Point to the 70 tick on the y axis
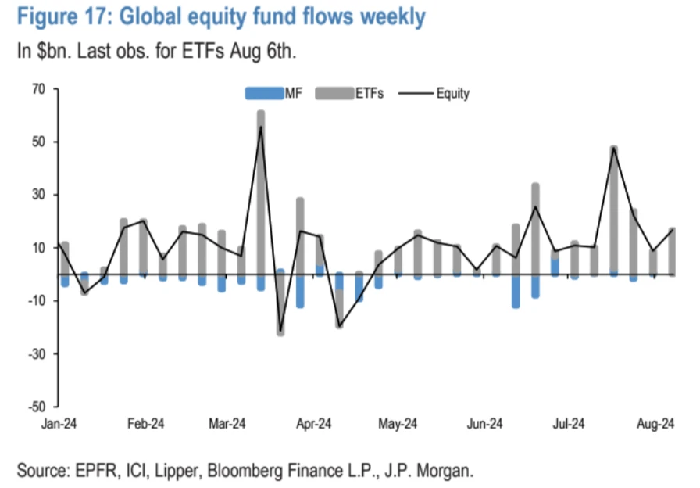click(40, 89)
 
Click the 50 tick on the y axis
click(40, 142)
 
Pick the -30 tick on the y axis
click(38, 353)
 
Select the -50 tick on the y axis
click(38, 407)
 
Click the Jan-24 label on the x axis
click(59, 423)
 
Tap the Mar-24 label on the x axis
click(228, 423)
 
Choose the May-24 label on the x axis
click(398, 423)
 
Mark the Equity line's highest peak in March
click(261, 127)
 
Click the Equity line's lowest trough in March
click(280, 331)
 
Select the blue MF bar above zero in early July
click(555, 267)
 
